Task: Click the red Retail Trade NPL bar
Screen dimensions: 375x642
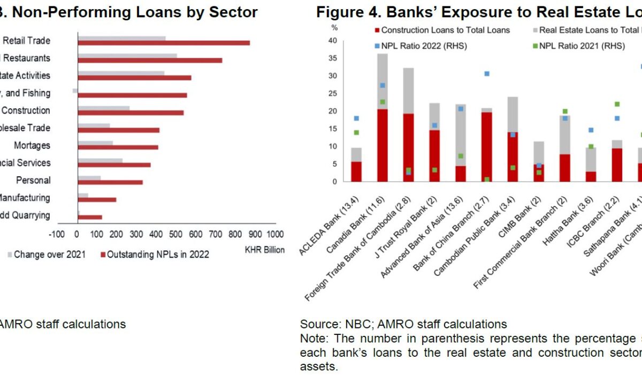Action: click(164, 43)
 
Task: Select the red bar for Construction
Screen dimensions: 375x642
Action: click(131, 112)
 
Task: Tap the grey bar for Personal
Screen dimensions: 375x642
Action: click(89, 177)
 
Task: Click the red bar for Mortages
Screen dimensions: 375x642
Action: click(118, 147)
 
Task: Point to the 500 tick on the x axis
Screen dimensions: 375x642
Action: click(176, 234)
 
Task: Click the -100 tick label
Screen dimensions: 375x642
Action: click(56, 234)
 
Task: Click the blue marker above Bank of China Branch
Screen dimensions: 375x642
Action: click(487, 73)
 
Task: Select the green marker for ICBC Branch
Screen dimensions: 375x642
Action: click(617, 104)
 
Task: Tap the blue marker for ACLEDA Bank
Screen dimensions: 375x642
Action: click(356, 118)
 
